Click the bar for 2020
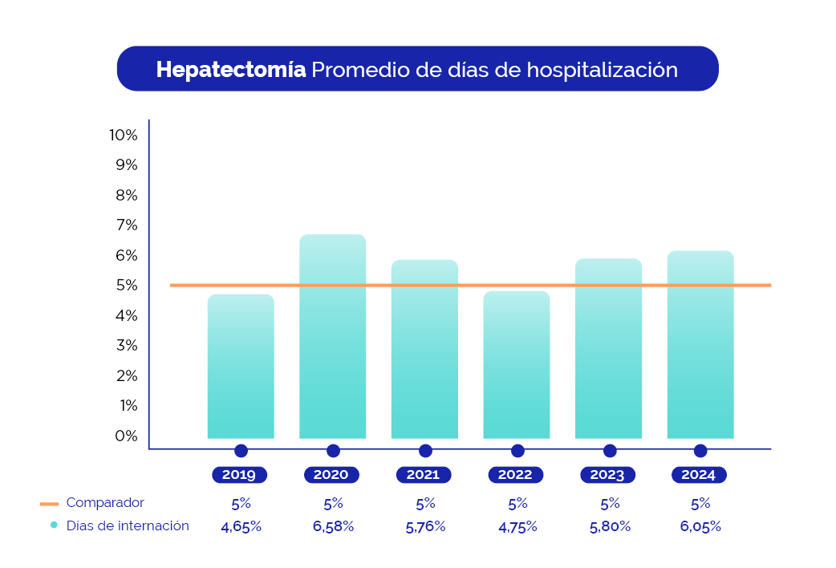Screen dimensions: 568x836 tap(332, 337)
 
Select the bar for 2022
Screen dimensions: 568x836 tap(517, 365)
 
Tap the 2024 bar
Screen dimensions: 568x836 tap(700, 345)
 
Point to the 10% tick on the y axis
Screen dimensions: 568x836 tap(124, 135)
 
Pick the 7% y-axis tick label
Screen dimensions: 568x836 tap(127, 225)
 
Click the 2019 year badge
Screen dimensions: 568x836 tap(239, 475)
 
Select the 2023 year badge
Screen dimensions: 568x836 tap(607, 475)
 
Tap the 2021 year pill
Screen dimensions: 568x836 tap(423, 475)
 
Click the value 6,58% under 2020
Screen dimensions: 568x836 tap(333, 527)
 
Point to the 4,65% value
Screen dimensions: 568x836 tap(241, 527)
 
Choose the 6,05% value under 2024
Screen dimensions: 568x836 tap(700, 527)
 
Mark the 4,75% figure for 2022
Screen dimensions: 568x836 tap(517, 527)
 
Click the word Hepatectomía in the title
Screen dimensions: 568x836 tap(231, 70)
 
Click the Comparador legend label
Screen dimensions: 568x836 tap(105, 503)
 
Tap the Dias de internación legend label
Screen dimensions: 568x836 tap(128, 526)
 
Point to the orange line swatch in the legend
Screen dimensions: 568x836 tap(49, 504)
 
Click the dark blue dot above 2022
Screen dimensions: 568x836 tap(517, 451)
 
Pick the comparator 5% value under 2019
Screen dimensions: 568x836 tap(241, 504)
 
